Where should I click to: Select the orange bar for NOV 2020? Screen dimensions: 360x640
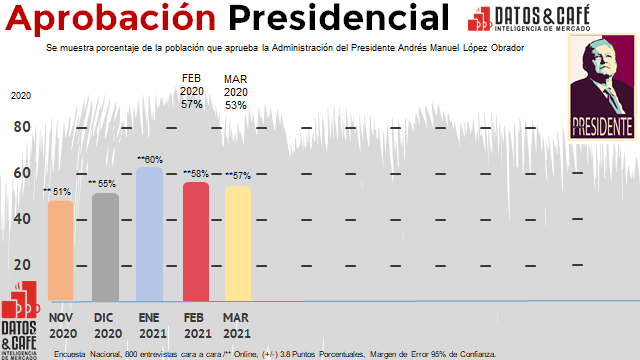[61, 251]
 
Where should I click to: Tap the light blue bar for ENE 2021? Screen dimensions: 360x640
[149, 234]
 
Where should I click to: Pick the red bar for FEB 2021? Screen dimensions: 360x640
[196, 242]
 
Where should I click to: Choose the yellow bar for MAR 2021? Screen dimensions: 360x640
[238, 244]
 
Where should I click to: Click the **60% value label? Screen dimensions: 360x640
[150, 160]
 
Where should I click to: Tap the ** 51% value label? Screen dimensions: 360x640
[57, 192]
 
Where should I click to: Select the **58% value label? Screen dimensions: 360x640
[196, 174]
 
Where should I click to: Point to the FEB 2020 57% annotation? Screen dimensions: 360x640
[192, 92]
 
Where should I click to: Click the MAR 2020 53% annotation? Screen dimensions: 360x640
[236, 92]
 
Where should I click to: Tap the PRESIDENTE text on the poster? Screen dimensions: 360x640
[602, 127]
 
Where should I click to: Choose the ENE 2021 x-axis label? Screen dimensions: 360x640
[152, 326]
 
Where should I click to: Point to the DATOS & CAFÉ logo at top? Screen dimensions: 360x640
[529, 19]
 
